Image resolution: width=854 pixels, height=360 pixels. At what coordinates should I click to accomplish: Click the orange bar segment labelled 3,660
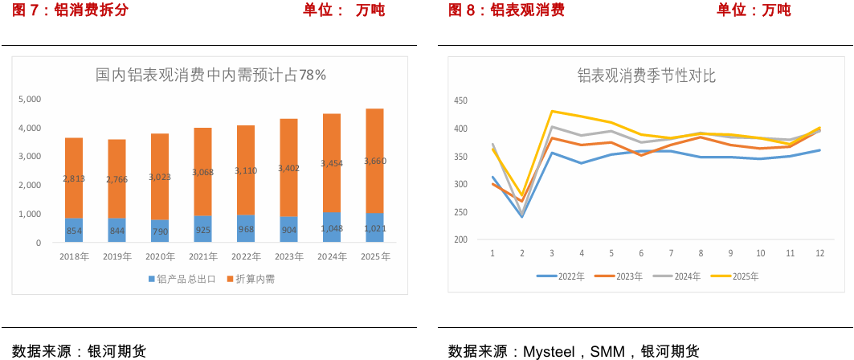pyautogui.click(x=374, y=161)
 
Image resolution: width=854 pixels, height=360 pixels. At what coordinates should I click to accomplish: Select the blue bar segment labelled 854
pyautogui.click(x=73, y=230)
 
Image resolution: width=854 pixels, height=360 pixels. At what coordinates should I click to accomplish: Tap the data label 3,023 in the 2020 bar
pyautogui.click(x=160, y=176)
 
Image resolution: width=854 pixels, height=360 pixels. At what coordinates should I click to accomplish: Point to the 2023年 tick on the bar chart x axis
pyautogui.click(x=288, y=256)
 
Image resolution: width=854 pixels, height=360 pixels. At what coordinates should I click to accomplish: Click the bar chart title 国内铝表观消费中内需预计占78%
pyautogui.click(x=210, y=75)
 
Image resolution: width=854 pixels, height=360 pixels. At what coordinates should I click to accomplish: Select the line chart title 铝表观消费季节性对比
pyautogui.click(x=647, y=76)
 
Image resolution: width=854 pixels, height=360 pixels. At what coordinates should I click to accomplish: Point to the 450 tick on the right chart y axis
pyautogui.click(x=460, y=100)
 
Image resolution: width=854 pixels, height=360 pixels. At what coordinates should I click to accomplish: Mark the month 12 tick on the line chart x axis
pyautogui.click(x=819, y=252)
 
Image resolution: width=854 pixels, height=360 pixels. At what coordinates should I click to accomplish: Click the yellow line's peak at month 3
pyautogui.click(x=552, y=111)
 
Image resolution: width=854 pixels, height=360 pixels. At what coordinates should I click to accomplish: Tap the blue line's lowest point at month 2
pyautogui.click(x=522, y=217)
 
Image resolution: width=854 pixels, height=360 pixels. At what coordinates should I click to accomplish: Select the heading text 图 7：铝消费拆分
pyautogui.click(x=70, y=10)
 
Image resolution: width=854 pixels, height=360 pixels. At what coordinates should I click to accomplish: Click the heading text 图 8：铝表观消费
pyautogui.click(x=506, y=10)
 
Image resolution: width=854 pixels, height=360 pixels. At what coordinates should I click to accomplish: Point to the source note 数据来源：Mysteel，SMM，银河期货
pyautogui.click(x=574, y=351)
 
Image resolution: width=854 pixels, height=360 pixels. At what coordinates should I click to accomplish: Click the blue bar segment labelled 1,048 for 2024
pyautogui.click(x=331, y=227)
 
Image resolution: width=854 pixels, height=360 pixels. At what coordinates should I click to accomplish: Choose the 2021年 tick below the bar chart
pyautogui.click(x=202, y=256)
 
